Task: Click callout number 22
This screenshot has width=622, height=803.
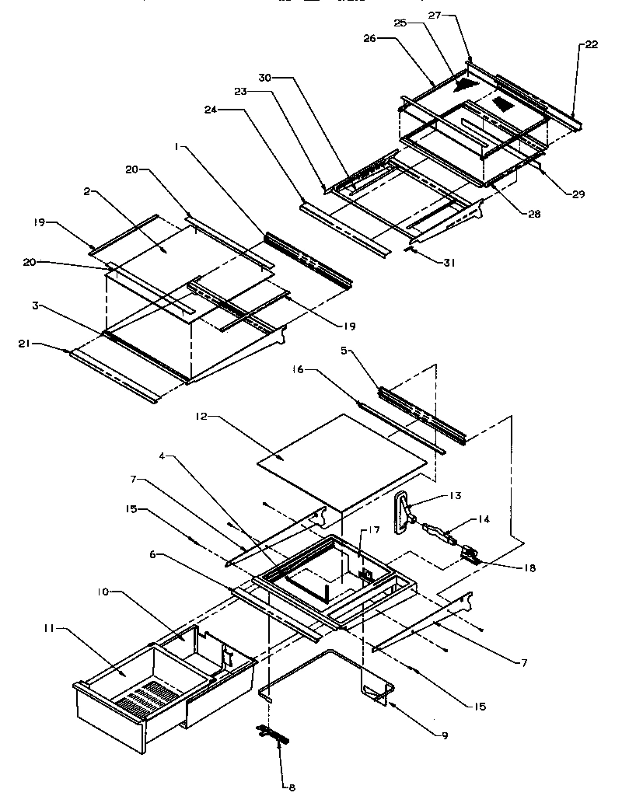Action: point(591,44)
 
